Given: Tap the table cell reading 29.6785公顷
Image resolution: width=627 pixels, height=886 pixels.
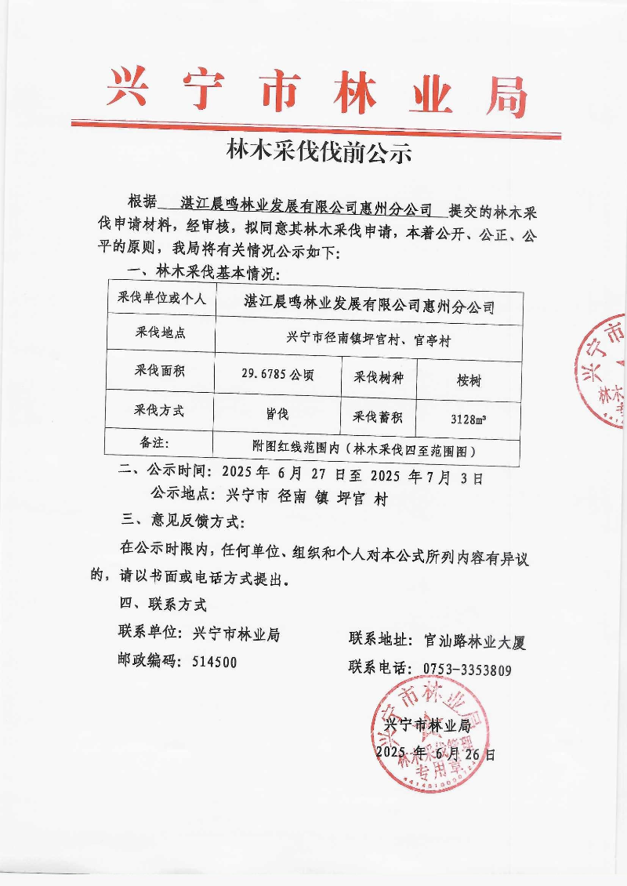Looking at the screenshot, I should tap(278, 375).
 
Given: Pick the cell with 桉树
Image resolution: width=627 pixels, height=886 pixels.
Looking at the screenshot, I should tap(469, 380).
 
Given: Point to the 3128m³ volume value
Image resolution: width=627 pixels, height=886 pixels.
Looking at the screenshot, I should tap(468, 419).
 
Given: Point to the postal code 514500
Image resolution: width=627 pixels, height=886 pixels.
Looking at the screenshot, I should tap(214, 662).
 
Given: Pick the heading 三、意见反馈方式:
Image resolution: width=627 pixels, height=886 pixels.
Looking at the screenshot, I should tap(183, 521).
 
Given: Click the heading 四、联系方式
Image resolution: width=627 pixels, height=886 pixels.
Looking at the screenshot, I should tap(162, 605).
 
